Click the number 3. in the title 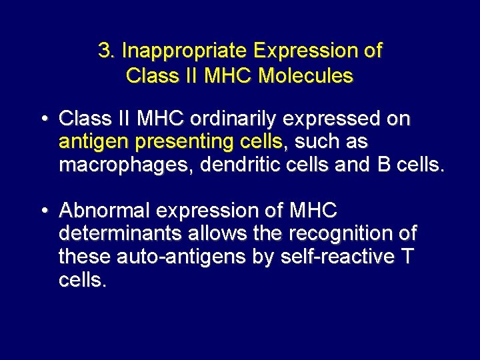pyautogui.click(x=107, y=51)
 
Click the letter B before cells pyautogui.click(x=383, y=166)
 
